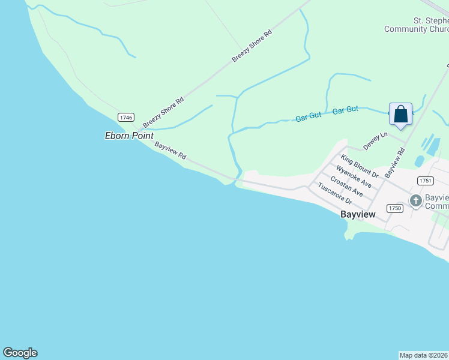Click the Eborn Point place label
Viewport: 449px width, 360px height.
tap(130, 136)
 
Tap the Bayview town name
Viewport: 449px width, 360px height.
tap(358, 214)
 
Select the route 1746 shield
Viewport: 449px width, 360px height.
tap(125, 118)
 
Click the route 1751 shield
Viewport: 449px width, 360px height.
tap(425, 180)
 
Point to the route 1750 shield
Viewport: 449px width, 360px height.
tap(394, 208)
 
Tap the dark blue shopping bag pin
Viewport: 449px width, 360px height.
tap(400, 114)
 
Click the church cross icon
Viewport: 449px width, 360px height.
tap(415, 201)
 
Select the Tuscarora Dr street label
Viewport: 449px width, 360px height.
tap(334, 193)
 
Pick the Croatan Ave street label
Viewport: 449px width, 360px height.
tap(346, 187)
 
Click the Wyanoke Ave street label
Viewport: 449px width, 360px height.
tap(354, 177)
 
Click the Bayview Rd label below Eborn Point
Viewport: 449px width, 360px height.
tap(170, 151)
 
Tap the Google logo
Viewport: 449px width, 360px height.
tap(20, 353)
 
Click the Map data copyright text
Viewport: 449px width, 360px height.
tap(424, 355)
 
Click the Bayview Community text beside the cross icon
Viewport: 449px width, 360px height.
tap(436, 202)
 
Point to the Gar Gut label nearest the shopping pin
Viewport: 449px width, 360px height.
tap(345, 110)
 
